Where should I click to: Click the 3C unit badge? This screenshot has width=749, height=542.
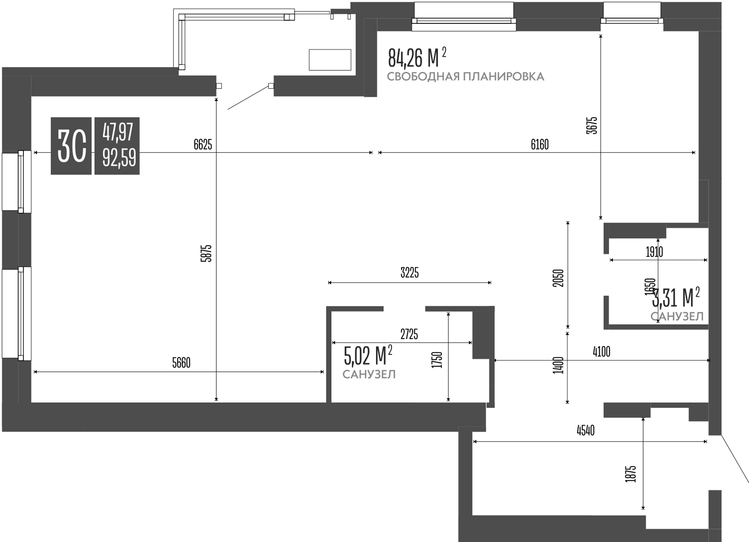click(71, 146)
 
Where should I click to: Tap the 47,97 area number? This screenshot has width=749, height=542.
click(117, 132)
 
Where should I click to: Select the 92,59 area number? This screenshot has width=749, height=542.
click(119, 158)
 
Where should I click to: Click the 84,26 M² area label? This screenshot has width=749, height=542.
click(417, 58)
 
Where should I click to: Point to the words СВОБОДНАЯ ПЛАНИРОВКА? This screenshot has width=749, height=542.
click(465, 77)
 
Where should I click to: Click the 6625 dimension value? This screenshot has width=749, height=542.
click(203, 145)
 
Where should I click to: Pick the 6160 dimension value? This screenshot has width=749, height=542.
click(540, 145)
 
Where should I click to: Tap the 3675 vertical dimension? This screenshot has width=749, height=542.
click(592, 125)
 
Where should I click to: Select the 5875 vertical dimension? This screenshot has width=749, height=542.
click(206, 253)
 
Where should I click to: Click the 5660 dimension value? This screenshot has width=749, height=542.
click(181, 363)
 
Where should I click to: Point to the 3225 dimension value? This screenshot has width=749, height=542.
click(409, 273)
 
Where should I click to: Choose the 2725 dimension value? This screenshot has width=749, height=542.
click(409, 334)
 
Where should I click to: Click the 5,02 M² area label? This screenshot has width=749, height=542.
click(368, 356)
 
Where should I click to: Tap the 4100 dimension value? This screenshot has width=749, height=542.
click(601, 352)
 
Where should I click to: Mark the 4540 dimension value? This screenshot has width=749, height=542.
click(586, 431)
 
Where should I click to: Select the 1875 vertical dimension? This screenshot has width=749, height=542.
click(631, 474)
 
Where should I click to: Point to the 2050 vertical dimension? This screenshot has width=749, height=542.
click(558, 278)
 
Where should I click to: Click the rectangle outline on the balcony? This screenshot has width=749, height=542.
click(330, 60)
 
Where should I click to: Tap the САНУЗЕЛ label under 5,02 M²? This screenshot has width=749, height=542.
click(369, 375)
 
